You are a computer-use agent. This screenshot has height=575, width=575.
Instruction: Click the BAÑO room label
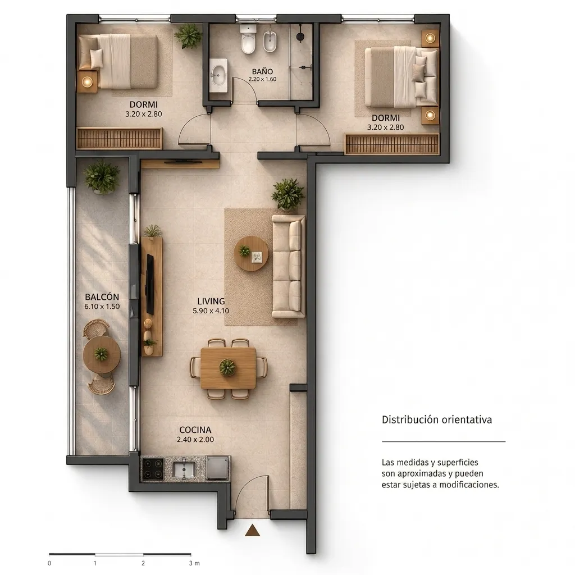262,71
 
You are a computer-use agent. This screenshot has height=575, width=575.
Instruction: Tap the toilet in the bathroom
248,40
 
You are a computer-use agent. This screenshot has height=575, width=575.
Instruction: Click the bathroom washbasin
219,76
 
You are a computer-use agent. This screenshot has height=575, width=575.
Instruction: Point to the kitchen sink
184,469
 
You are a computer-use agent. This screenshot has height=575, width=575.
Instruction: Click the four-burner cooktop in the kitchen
153,469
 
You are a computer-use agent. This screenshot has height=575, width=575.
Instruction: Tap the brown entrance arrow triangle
252,530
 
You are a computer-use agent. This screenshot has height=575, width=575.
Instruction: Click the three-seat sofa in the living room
288,266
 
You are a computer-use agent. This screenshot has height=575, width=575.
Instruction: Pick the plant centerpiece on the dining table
227,367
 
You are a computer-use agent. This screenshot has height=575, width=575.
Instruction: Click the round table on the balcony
102,355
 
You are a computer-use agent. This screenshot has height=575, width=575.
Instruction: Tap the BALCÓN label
102,296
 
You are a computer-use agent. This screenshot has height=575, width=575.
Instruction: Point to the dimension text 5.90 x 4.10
211,311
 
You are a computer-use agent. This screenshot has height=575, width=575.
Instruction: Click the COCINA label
195,430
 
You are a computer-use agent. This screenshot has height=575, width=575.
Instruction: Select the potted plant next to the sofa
288,194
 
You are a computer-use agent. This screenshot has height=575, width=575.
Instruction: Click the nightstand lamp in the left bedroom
87,81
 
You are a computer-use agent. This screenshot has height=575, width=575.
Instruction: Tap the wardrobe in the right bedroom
392,144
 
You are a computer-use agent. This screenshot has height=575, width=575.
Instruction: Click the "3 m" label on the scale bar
194,563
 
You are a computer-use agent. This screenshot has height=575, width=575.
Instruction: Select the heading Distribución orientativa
437,419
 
